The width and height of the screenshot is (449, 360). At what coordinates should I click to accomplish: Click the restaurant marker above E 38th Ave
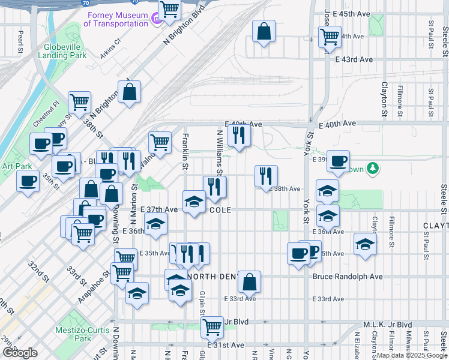point(266,176)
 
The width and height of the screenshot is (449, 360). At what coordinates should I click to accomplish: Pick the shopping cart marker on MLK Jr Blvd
point(211,327)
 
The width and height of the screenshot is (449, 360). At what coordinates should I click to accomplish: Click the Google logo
point(20,353)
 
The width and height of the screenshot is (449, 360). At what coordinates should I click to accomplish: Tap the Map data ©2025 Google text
point(411,355)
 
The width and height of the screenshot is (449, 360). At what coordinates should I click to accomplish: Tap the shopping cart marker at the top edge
point(170,10)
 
